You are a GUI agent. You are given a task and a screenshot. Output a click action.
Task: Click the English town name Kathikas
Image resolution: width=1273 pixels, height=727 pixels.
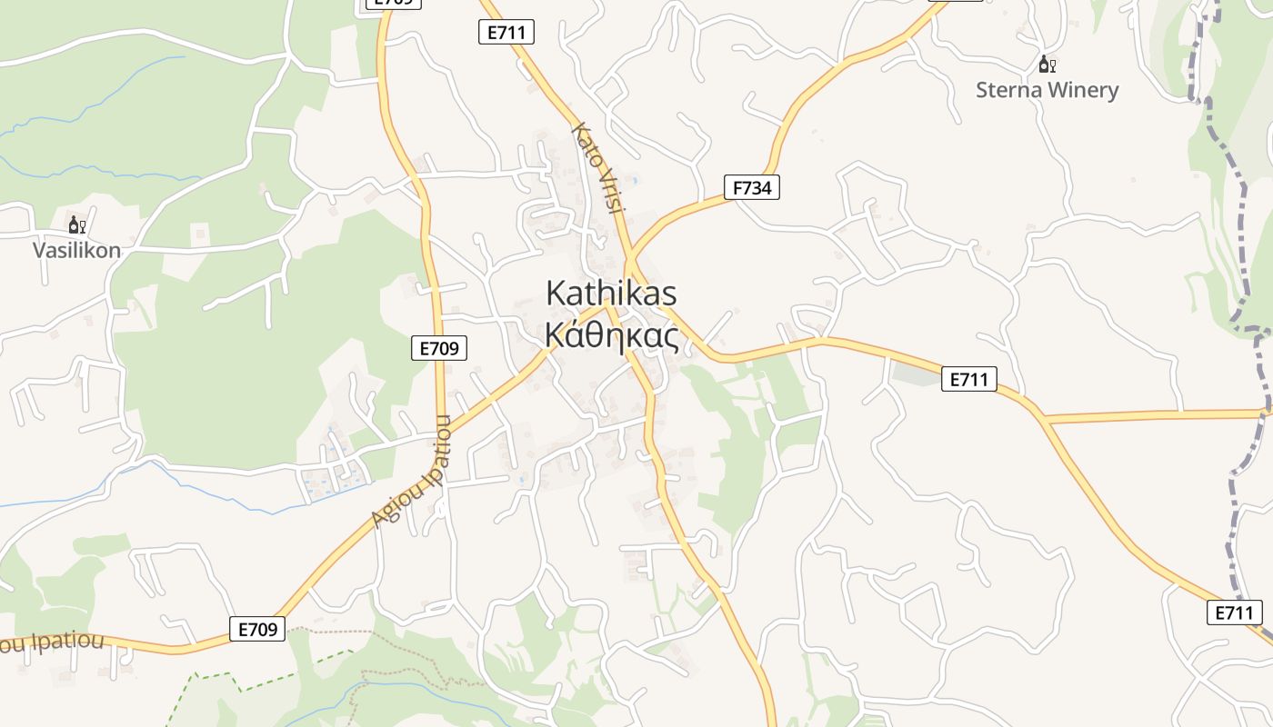click(611, 294)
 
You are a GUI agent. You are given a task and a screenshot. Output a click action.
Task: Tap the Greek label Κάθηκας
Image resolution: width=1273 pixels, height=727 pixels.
click(611, 335)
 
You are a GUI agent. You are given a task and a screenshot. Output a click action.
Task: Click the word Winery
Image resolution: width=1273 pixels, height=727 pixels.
click(1083, 90)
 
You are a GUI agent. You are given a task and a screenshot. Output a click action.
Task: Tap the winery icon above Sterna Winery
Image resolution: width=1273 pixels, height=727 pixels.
click(1047, 64)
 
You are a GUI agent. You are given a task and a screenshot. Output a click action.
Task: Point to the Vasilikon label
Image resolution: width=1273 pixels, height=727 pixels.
click(76, 250)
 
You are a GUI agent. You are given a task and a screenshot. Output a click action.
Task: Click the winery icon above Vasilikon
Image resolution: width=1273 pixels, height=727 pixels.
click(76, 224)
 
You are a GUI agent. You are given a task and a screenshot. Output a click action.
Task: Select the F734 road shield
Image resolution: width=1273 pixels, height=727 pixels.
click(752, 188)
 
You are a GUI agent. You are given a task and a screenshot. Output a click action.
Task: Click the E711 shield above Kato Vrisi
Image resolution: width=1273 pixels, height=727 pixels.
click(506, 33)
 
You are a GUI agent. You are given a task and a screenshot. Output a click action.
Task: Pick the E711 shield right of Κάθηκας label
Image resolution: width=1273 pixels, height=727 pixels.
click(969, 379)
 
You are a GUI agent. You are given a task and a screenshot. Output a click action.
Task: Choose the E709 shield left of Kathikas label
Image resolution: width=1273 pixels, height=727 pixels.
click(439, 347)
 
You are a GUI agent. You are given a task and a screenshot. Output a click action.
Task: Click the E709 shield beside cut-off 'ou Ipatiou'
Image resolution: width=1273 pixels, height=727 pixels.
click(257, 629)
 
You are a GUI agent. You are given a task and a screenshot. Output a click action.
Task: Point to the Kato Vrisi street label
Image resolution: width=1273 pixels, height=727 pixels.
click(598, 168)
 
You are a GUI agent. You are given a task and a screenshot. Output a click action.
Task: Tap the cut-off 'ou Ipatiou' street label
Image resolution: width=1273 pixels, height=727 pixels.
click(52, 642)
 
